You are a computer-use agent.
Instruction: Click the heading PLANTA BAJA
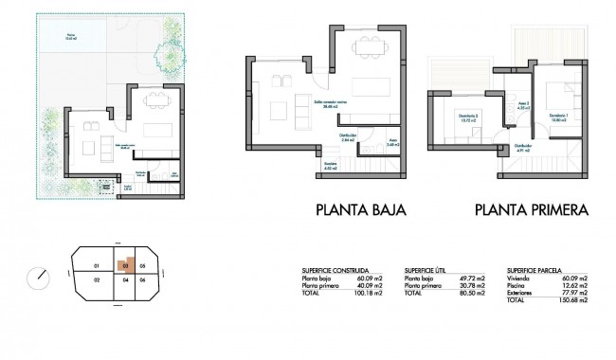(x=360, y=210)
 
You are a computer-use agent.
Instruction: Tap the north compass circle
(x=40, y=278)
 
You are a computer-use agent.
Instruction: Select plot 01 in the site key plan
(x=97, y=265)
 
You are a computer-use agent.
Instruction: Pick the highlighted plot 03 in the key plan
(x=123, y=266)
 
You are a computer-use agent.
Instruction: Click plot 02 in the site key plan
(x=97, y=281)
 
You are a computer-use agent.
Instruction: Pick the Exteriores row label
(x=519, y=287)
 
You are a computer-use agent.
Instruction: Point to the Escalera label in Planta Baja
(x=330, y=164)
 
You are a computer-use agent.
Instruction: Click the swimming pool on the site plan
(x=71, y=40)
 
